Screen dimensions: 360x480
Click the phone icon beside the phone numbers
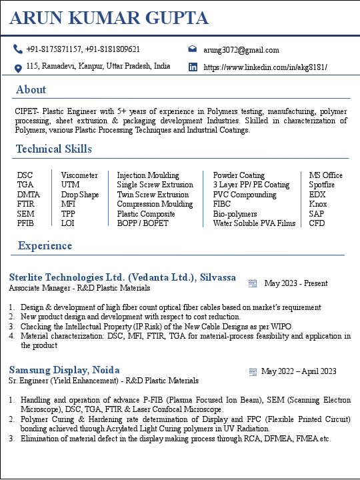18,49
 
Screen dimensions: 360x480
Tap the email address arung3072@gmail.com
241,50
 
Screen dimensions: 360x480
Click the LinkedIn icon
193,67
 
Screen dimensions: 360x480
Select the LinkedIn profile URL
265,67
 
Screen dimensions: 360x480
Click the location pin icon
18,67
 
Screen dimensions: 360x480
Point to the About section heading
31,89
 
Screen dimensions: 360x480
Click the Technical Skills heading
54,149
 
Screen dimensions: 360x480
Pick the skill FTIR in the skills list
25,204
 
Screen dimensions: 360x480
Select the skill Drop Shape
80,195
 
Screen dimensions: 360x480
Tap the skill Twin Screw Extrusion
153,195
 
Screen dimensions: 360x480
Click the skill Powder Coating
239,175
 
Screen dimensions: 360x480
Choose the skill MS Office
325,175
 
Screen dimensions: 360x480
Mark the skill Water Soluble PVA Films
254,223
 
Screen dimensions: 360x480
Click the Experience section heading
45,246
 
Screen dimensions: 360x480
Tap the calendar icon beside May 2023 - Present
253,283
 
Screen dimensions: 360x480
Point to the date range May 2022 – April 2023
299,371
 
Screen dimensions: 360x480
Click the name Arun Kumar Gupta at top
109,18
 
